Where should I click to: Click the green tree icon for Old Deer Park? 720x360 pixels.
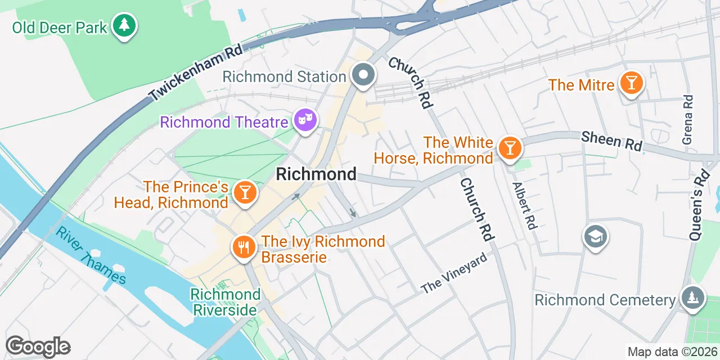coord(124,26)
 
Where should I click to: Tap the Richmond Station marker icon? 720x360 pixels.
coord(364,75)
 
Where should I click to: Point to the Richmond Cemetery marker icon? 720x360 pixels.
coord(692,298)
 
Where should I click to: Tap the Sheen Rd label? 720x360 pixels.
coord(611,141)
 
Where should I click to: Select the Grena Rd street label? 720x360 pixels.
coord(688,119)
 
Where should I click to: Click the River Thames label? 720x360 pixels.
coord(91,256)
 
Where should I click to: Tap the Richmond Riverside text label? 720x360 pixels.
coord(225,302)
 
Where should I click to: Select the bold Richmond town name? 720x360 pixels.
coord(316,174)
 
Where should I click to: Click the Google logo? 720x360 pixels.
coord(38,346)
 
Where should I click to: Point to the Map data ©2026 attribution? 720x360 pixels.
coord(672,352)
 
